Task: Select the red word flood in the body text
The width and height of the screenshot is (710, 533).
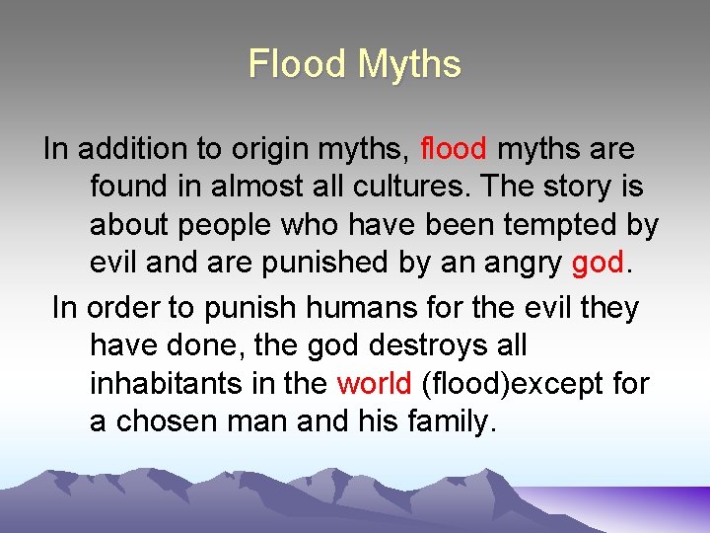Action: pyautogui.click(x=453, y=149)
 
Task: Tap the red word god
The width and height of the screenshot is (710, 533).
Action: pyautogui.click(x=598, y=264)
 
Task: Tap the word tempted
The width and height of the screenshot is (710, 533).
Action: pyautogui.click(x=559, y=225)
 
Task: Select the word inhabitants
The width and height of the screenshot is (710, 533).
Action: pyautogui.click(x=165, y=383)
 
